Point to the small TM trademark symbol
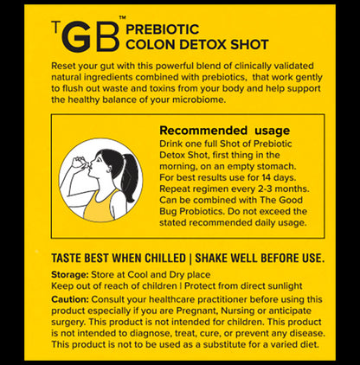[121, 18]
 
